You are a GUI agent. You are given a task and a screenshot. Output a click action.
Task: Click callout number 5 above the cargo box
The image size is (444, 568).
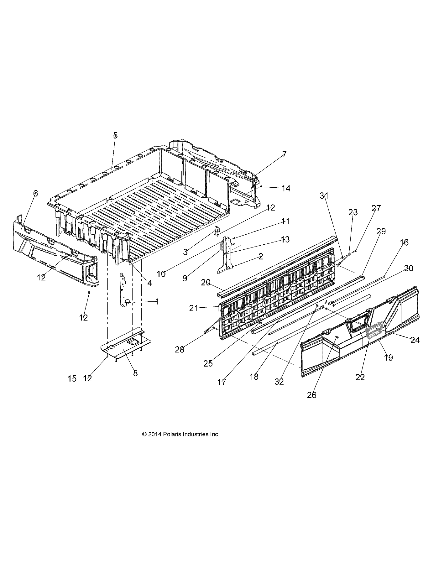click(115, 135)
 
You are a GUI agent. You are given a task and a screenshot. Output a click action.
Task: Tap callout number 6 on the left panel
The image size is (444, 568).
click(35, 193)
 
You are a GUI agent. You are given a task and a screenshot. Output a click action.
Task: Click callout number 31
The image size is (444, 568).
click(324, 196)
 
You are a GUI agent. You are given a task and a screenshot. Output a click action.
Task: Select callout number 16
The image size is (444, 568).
click(404, 242)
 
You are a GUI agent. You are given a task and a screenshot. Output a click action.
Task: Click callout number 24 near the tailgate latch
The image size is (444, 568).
click(415, 340)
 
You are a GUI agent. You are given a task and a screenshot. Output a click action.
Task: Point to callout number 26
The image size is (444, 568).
click(311, 395)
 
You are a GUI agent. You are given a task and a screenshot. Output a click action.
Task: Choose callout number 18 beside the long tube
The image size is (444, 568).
click(254, 377)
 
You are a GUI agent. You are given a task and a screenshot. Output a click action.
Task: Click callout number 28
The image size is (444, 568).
click(180, 350)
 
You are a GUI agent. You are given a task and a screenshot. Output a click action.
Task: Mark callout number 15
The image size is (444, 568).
click(72, 378)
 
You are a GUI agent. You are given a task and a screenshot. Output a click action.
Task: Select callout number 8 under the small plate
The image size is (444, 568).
click(135, 373)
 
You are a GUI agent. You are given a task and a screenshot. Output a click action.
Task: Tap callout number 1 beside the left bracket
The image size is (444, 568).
click(157, 301)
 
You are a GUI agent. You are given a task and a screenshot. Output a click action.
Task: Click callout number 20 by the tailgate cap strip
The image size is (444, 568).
click(206, 282)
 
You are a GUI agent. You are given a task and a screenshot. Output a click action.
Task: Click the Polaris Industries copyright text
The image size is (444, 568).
click(180, 434)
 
